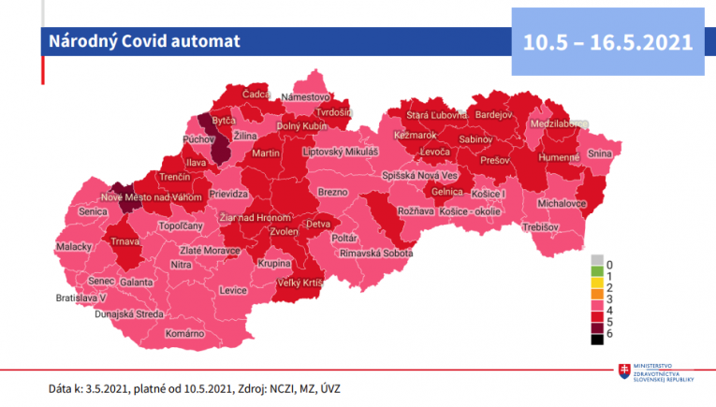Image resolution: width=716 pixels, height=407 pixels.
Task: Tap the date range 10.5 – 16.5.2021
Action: [x=607, y=42]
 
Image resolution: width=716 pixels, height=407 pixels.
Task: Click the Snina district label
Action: [x=599, y=154]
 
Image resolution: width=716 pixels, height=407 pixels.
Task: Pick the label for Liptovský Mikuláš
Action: [x=340, y=152]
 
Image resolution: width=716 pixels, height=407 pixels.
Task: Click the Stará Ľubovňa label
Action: [x=436, y=115]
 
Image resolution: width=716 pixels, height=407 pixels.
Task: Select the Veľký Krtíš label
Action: [x=300, y=282]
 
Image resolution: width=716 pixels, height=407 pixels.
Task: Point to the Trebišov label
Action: [x=540, y=227]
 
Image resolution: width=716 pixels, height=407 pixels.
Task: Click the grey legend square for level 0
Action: [x=596, y=261]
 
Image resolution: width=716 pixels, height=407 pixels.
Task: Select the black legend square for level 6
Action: [x=596, y=340]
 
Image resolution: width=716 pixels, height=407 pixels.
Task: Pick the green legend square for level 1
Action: [x=596, y=274]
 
